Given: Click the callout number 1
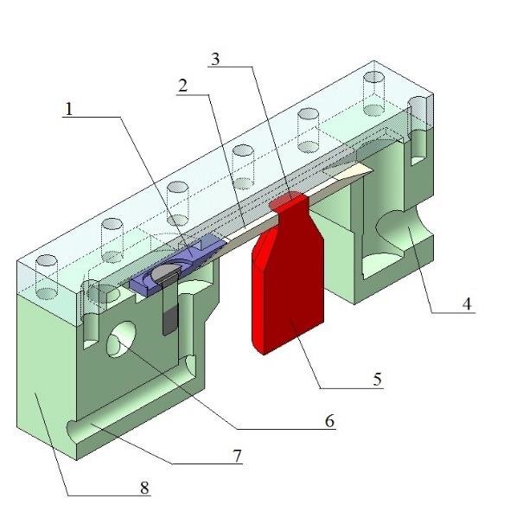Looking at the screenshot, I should [69, 109].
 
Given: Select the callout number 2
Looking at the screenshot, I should [182, 86].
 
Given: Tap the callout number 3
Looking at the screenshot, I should [216, 59].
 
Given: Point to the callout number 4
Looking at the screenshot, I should [466, 304].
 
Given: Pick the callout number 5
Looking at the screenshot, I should [377, 378].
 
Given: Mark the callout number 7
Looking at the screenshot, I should [238, 455].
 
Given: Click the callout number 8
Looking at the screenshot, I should [144, 488].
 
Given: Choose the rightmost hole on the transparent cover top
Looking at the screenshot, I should [373, 77].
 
